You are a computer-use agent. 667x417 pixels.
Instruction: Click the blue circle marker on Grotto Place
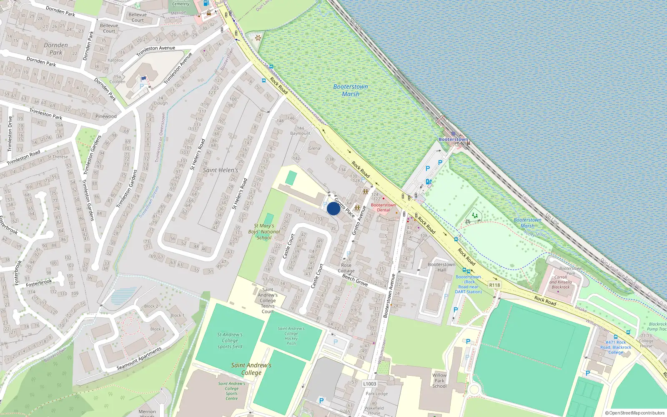(x=333, y=208)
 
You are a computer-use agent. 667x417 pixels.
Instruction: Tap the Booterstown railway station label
(x=453, y=139)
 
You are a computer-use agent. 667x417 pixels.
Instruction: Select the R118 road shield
(x=494, y=285)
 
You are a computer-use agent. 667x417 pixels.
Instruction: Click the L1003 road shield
(x=369, y=384)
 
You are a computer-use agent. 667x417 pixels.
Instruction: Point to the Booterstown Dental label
(x=384, y=207)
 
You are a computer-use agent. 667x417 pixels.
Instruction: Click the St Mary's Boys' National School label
(x=264, y=232)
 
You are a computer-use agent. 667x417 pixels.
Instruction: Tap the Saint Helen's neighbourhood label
(x=221, y=170)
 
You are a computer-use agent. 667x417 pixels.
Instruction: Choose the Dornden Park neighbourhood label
(x=56, y=49)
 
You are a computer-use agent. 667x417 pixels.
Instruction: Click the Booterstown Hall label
(x=441, y=267)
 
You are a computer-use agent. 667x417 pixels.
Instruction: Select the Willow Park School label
(x=439, y=380)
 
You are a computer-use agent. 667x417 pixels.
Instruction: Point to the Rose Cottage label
(x=346, y=268)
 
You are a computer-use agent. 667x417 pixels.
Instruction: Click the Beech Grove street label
(x=355, y=280)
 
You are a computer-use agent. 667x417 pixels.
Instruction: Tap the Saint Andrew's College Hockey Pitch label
(x=291, y=336)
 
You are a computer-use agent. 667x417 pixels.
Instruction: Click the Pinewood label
(x=106, y=116)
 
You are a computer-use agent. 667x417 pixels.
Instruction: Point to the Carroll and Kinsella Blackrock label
(x=560, y=282)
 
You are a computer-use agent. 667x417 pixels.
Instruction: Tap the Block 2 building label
(x=151, y=306)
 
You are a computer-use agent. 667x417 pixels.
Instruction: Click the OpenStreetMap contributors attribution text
(x=634, y=413)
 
